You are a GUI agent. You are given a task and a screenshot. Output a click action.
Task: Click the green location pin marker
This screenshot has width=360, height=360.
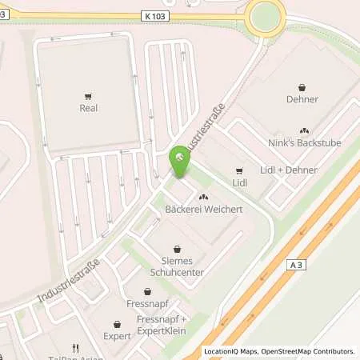(x=180, y=162)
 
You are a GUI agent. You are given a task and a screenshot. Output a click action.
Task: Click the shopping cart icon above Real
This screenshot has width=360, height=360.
(x=88, y=94)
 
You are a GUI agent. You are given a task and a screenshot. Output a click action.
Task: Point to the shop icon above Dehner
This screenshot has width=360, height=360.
(x=302, y=87)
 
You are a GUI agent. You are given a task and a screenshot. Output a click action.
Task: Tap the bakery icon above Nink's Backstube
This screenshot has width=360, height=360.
(x=303, y=130)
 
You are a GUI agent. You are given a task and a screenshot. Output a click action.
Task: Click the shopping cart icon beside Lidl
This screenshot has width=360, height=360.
(x=238, y=170)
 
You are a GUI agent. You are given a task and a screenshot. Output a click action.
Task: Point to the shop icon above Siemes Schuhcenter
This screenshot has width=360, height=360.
(x=178, y=250)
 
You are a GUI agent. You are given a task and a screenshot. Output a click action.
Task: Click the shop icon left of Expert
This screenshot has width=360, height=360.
(x=117, y=325)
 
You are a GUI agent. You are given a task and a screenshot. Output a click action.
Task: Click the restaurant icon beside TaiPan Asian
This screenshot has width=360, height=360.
(x=75, y=347)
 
